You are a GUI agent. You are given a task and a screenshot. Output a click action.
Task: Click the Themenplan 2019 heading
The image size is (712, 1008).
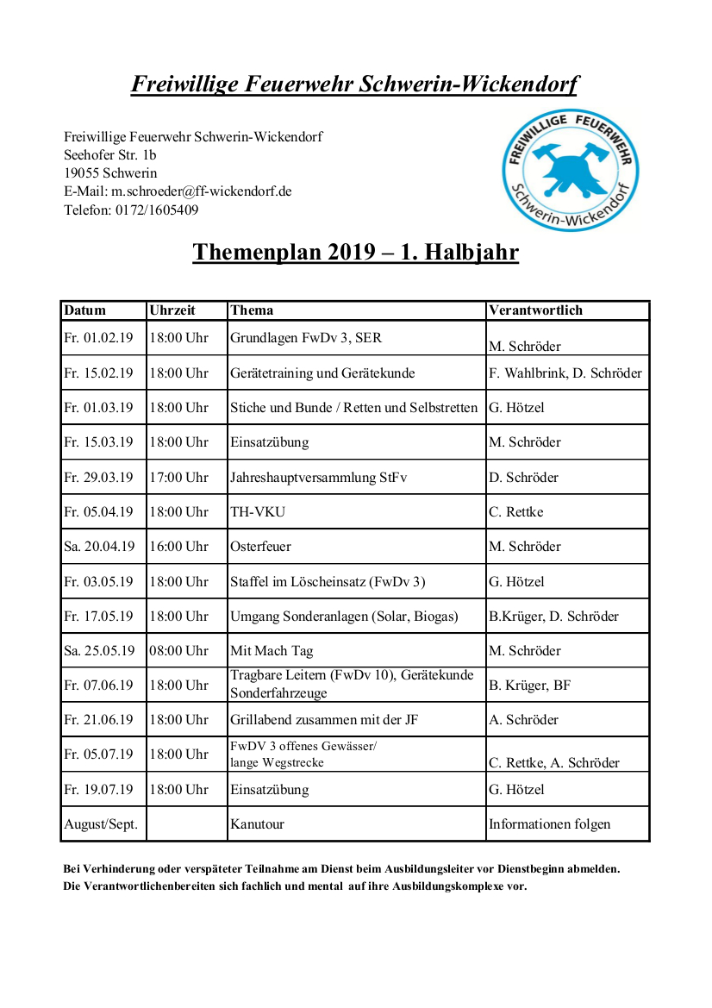tap(355, 252)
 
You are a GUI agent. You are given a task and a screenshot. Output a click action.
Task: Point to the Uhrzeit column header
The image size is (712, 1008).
tap(172, 310)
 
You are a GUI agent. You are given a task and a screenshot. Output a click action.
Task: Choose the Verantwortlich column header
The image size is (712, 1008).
tap(535, 310)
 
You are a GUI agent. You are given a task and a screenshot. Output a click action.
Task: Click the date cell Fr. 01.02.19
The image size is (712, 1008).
tap(98, 338)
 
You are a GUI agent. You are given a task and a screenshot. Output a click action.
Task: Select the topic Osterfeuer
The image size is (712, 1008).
tap(260, 547)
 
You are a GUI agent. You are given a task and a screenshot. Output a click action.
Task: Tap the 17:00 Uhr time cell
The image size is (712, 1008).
tap(179, 477)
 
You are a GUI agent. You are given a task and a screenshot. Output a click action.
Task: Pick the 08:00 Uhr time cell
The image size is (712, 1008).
tap(179, 650)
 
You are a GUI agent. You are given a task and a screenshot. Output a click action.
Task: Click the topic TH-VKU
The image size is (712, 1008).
tap(258, 512)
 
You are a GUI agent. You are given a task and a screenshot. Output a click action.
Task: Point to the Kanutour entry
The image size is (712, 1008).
tap(257, 824)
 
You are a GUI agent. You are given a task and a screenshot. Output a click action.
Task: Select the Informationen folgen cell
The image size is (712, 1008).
tap(549, 824)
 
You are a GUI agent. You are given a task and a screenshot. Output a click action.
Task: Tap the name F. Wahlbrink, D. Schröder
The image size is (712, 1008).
tap(565, 373)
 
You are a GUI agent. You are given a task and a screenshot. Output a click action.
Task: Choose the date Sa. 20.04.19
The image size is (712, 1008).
tap(99, 547)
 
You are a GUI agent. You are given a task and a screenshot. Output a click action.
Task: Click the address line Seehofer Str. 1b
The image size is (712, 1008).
tap(110, 155)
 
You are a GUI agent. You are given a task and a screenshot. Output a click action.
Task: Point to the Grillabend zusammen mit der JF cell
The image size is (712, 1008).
tap(324, 720)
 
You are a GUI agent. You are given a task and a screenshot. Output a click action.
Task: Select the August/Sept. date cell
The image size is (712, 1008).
tap(101, 824)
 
